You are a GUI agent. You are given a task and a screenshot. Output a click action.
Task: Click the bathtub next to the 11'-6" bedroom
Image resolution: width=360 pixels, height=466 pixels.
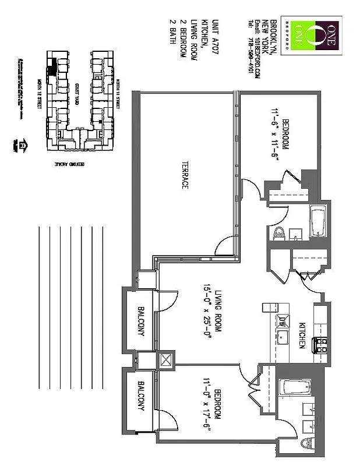pyautogui.click(x=319, y=220)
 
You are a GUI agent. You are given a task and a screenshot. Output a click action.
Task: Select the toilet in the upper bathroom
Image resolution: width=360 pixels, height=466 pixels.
pyautogui.click(x=278, y=233)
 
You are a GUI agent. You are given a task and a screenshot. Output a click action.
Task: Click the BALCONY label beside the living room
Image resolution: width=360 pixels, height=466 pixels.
pyautogui.click(x=141, y=321)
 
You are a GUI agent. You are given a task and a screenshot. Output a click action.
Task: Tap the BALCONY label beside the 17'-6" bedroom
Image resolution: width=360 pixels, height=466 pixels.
pyautogui.click(x=141, y=397)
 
